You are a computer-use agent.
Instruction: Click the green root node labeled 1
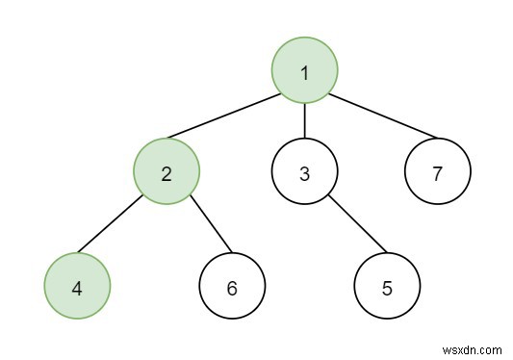pyautogui.click(x=304, y=71)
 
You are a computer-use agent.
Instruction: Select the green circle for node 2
pyautogui.click(x=167, y=173)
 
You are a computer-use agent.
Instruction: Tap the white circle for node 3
pyautogui.click(x=304, y=173)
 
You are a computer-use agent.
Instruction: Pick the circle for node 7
pyautogui.click(x=437, y=173)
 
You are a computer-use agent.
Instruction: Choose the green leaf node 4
pyautogui.click(x=78, y=287)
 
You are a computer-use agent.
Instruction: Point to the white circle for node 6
pyautogui.click(x=232, y=287)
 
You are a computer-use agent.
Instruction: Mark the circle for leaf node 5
pyautogui.click(x=387, y=287)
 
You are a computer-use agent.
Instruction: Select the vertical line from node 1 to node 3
pyautogui.click(x=304, y=122)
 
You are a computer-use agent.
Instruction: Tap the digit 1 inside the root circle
pyautogui.click(x=304, y=71)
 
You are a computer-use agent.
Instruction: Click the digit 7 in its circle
pyautogui.click(x=437, y=174)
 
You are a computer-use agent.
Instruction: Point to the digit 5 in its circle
pyautogui.click(x=387, y=288)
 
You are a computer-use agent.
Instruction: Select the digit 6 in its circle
pyautogui.click(x=232, y=288)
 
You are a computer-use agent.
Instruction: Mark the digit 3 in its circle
pyautogui.click(x=304, y=174)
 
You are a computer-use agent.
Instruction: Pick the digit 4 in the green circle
pyautogui.click(x=78, y=288)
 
